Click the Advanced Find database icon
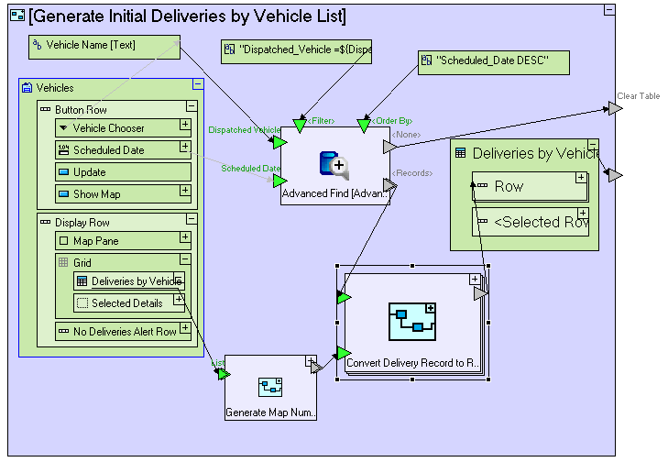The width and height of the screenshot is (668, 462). click(333, 165)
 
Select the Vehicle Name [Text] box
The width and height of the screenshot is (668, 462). click(104, 46)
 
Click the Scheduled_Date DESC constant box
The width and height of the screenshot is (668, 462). click(494, 62)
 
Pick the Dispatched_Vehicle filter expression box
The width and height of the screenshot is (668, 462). click(296, 52)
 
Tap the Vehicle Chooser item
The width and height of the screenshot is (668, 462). click(115, 128)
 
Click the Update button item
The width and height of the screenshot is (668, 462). click(115, 172)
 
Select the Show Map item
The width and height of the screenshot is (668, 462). click(115, 194)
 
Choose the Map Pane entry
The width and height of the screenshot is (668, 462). click(115, 241)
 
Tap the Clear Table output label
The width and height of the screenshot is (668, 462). click(638, 96)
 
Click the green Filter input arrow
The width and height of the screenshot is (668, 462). click(300, 123)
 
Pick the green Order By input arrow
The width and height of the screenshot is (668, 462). click(364, 123)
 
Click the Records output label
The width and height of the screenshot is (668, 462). click(411, 173)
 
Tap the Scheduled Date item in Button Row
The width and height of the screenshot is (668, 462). click(115, 150)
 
